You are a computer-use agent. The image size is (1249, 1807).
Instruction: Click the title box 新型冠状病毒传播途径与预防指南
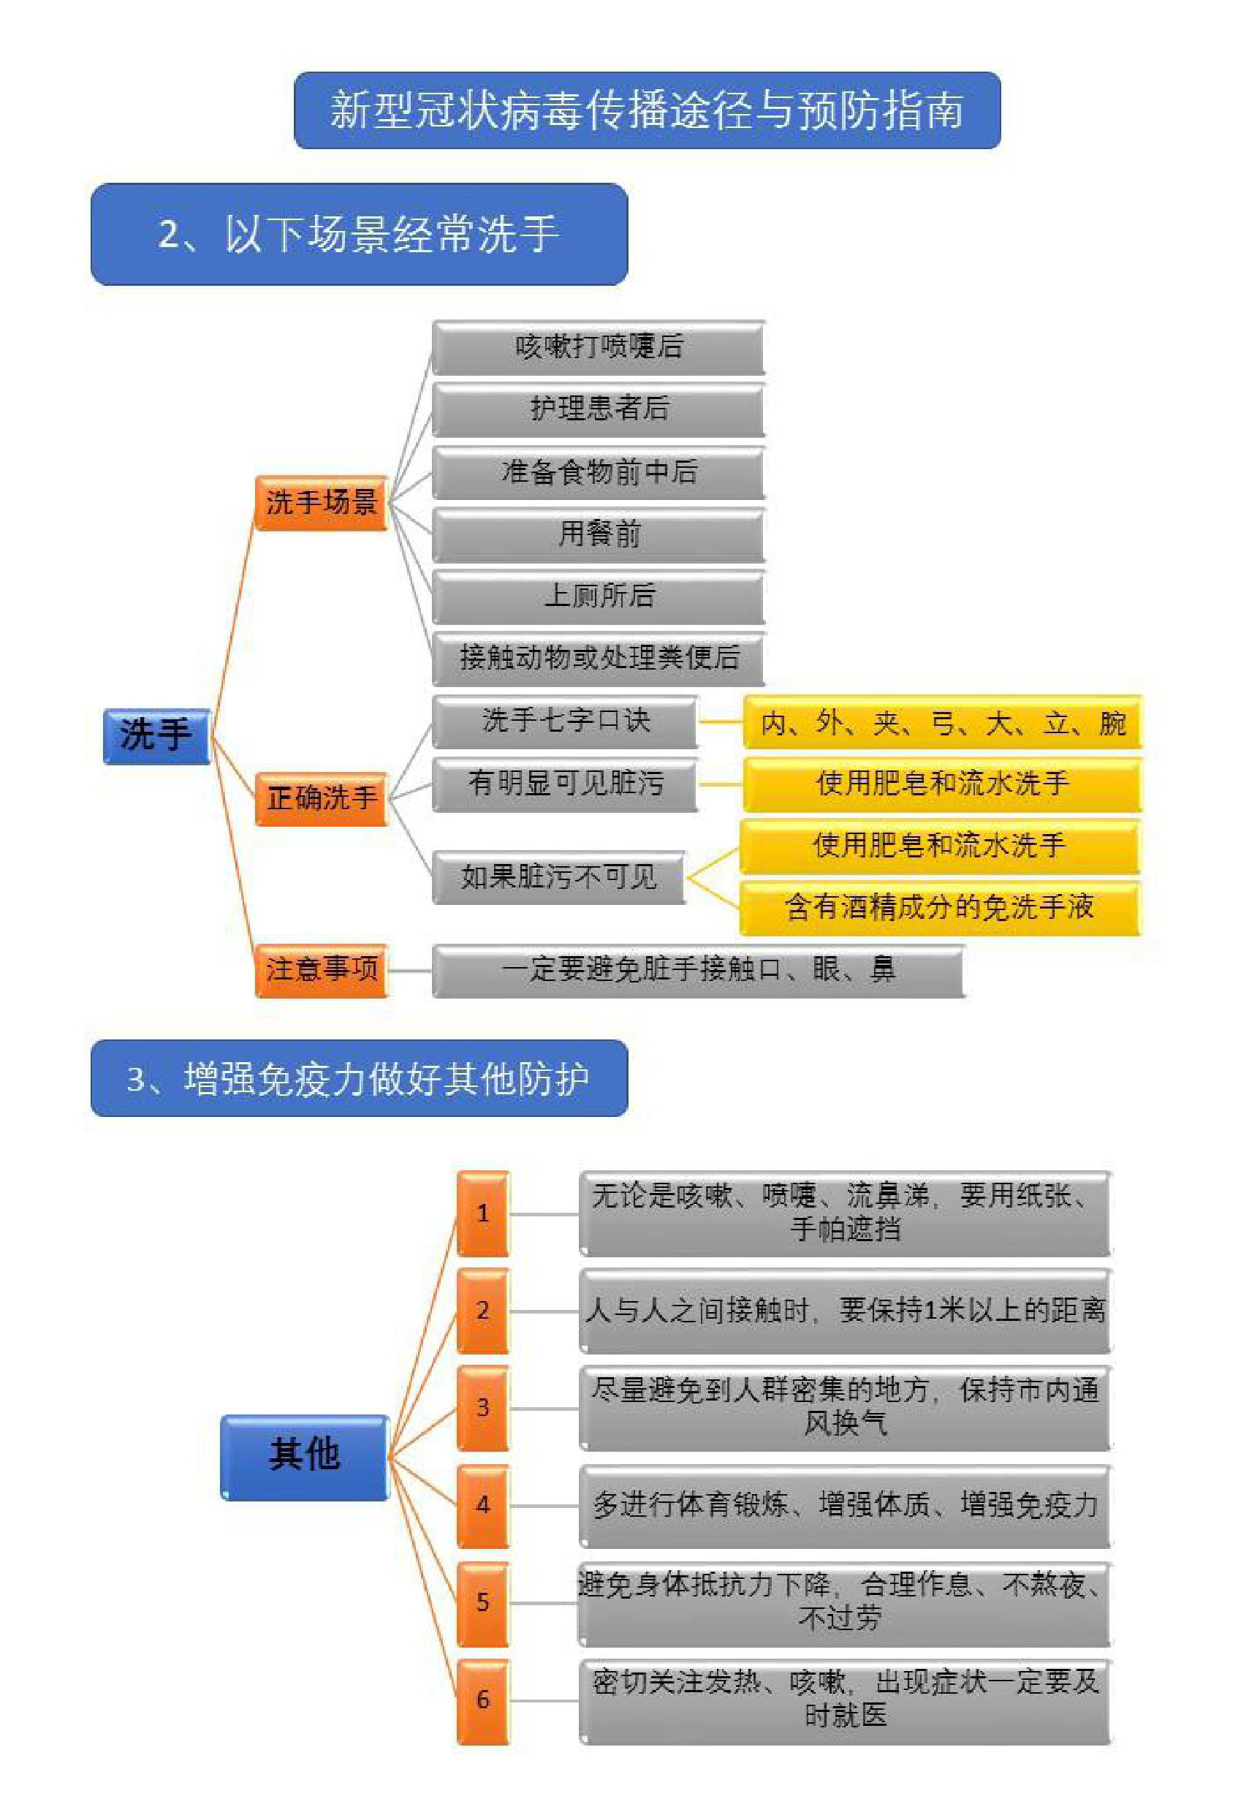[648, 110]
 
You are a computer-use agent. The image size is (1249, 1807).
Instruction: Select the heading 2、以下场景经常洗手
[359, 234]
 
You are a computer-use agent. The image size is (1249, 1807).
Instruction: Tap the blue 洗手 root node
[156, 735]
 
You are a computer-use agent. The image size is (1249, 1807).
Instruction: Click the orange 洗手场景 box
[322, 502]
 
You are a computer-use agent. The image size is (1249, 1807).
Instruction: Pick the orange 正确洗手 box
[322, 799]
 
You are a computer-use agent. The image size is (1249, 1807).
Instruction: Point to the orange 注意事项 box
[322, 971]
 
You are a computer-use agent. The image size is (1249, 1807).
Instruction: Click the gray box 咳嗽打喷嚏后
[599, 346]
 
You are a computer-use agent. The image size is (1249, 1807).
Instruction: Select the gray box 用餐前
[599, 534]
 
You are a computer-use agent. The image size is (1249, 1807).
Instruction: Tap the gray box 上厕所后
[599, 596]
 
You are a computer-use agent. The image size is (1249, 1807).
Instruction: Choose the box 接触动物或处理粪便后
[599, 658]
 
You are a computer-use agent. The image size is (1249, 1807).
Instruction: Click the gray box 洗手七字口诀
[565, 721]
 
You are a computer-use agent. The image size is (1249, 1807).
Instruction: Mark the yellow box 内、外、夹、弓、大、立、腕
[942, 722]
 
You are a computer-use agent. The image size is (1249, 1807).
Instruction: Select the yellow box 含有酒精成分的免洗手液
[941, 908]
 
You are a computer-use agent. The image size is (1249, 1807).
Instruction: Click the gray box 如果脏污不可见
[559, 877]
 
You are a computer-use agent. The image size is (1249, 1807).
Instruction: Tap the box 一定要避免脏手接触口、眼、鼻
[698, 971]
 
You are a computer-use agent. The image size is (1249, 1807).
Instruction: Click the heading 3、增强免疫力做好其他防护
[359, 1077]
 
